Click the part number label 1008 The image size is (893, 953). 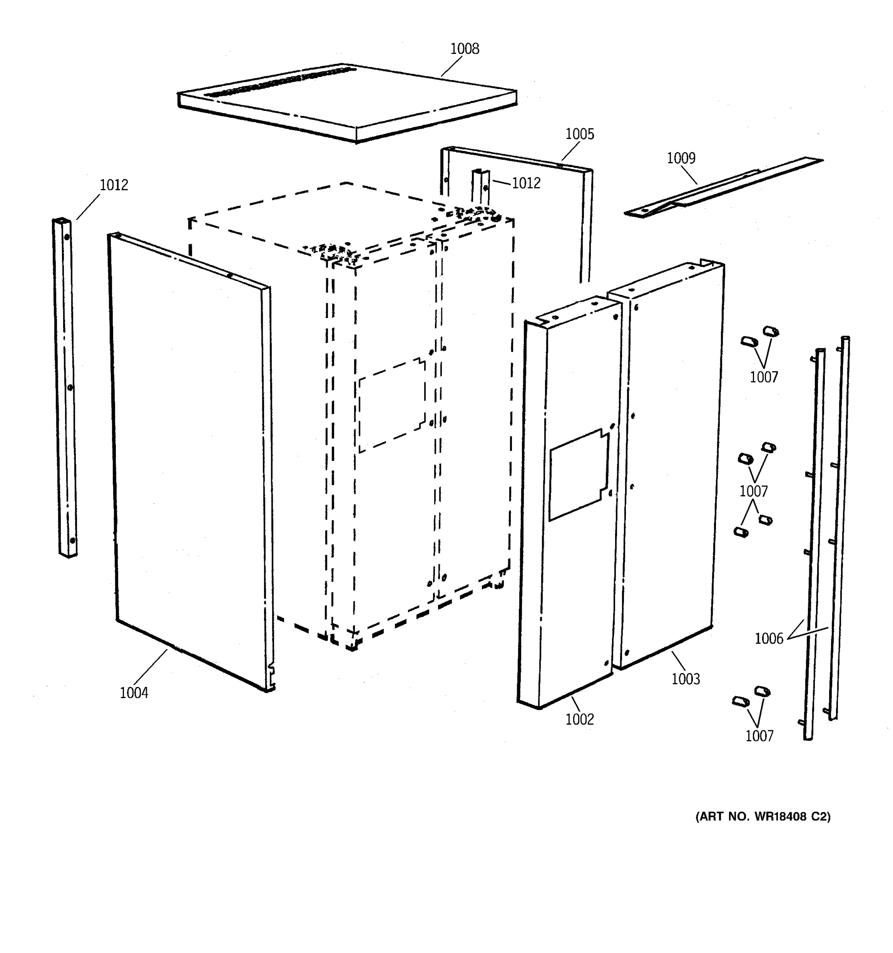(x=464, y=49)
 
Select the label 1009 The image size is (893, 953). (x=681, y=158)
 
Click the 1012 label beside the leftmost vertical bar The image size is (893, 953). (x=114, y=185)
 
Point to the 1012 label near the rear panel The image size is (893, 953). (x=525, y=183)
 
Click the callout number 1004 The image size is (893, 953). (x=134, y=693)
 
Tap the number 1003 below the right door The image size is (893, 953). (x=685, y=679)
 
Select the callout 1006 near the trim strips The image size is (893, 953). (x=768, y=639)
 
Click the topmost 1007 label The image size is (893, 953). (x=764, y=377)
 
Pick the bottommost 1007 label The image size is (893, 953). (x=759, y=736)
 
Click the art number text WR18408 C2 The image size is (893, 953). (x=763, y=816)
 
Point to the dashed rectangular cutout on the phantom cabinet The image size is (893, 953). (x=391, y=405)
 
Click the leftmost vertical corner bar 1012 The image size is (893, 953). (x=65, y=388)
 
